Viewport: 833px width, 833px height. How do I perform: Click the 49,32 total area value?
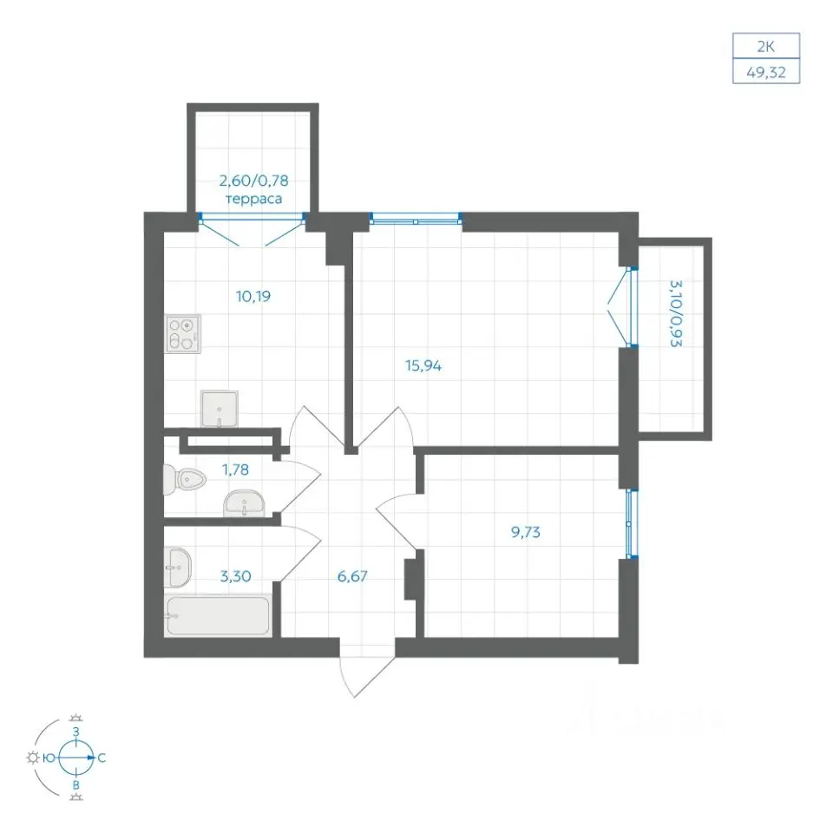coord(765,72)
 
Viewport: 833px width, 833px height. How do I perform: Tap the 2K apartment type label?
coord(765,46)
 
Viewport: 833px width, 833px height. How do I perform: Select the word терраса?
coord(254,200)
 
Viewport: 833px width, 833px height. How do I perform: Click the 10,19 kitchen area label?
coord(253,296)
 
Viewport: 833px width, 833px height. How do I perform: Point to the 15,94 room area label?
coord(423,365)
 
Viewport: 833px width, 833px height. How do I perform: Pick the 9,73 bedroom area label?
coord(526,532)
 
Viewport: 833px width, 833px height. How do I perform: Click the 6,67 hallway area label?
coord(352,576)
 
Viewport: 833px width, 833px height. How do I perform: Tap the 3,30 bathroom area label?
coord(235,576)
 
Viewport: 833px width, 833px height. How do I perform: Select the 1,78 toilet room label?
coord(235,469)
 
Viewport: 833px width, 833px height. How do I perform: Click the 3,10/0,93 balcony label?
coord(675,313)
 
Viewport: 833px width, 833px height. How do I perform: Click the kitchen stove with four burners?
coord(183,333)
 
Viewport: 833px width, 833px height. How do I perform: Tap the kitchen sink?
coord(219,409)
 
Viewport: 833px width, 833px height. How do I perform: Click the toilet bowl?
coord(184,480)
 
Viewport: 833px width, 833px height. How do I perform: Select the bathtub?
coord(218,616)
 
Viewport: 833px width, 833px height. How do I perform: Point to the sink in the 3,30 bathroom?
coord(177,567)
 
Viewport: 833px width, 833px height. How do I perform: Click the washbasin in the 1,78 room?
coord(244,503)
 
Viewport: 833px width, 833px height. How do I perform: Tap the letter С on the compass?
coord(102,758)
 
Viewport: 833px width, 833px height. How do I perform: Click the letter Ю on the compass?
coord(49,758)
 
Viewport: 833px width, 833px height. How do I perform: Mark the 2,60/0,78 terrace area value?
coord(254,180)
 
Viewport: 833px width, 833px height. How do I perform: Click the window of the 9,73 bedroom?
coord(631,523)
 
